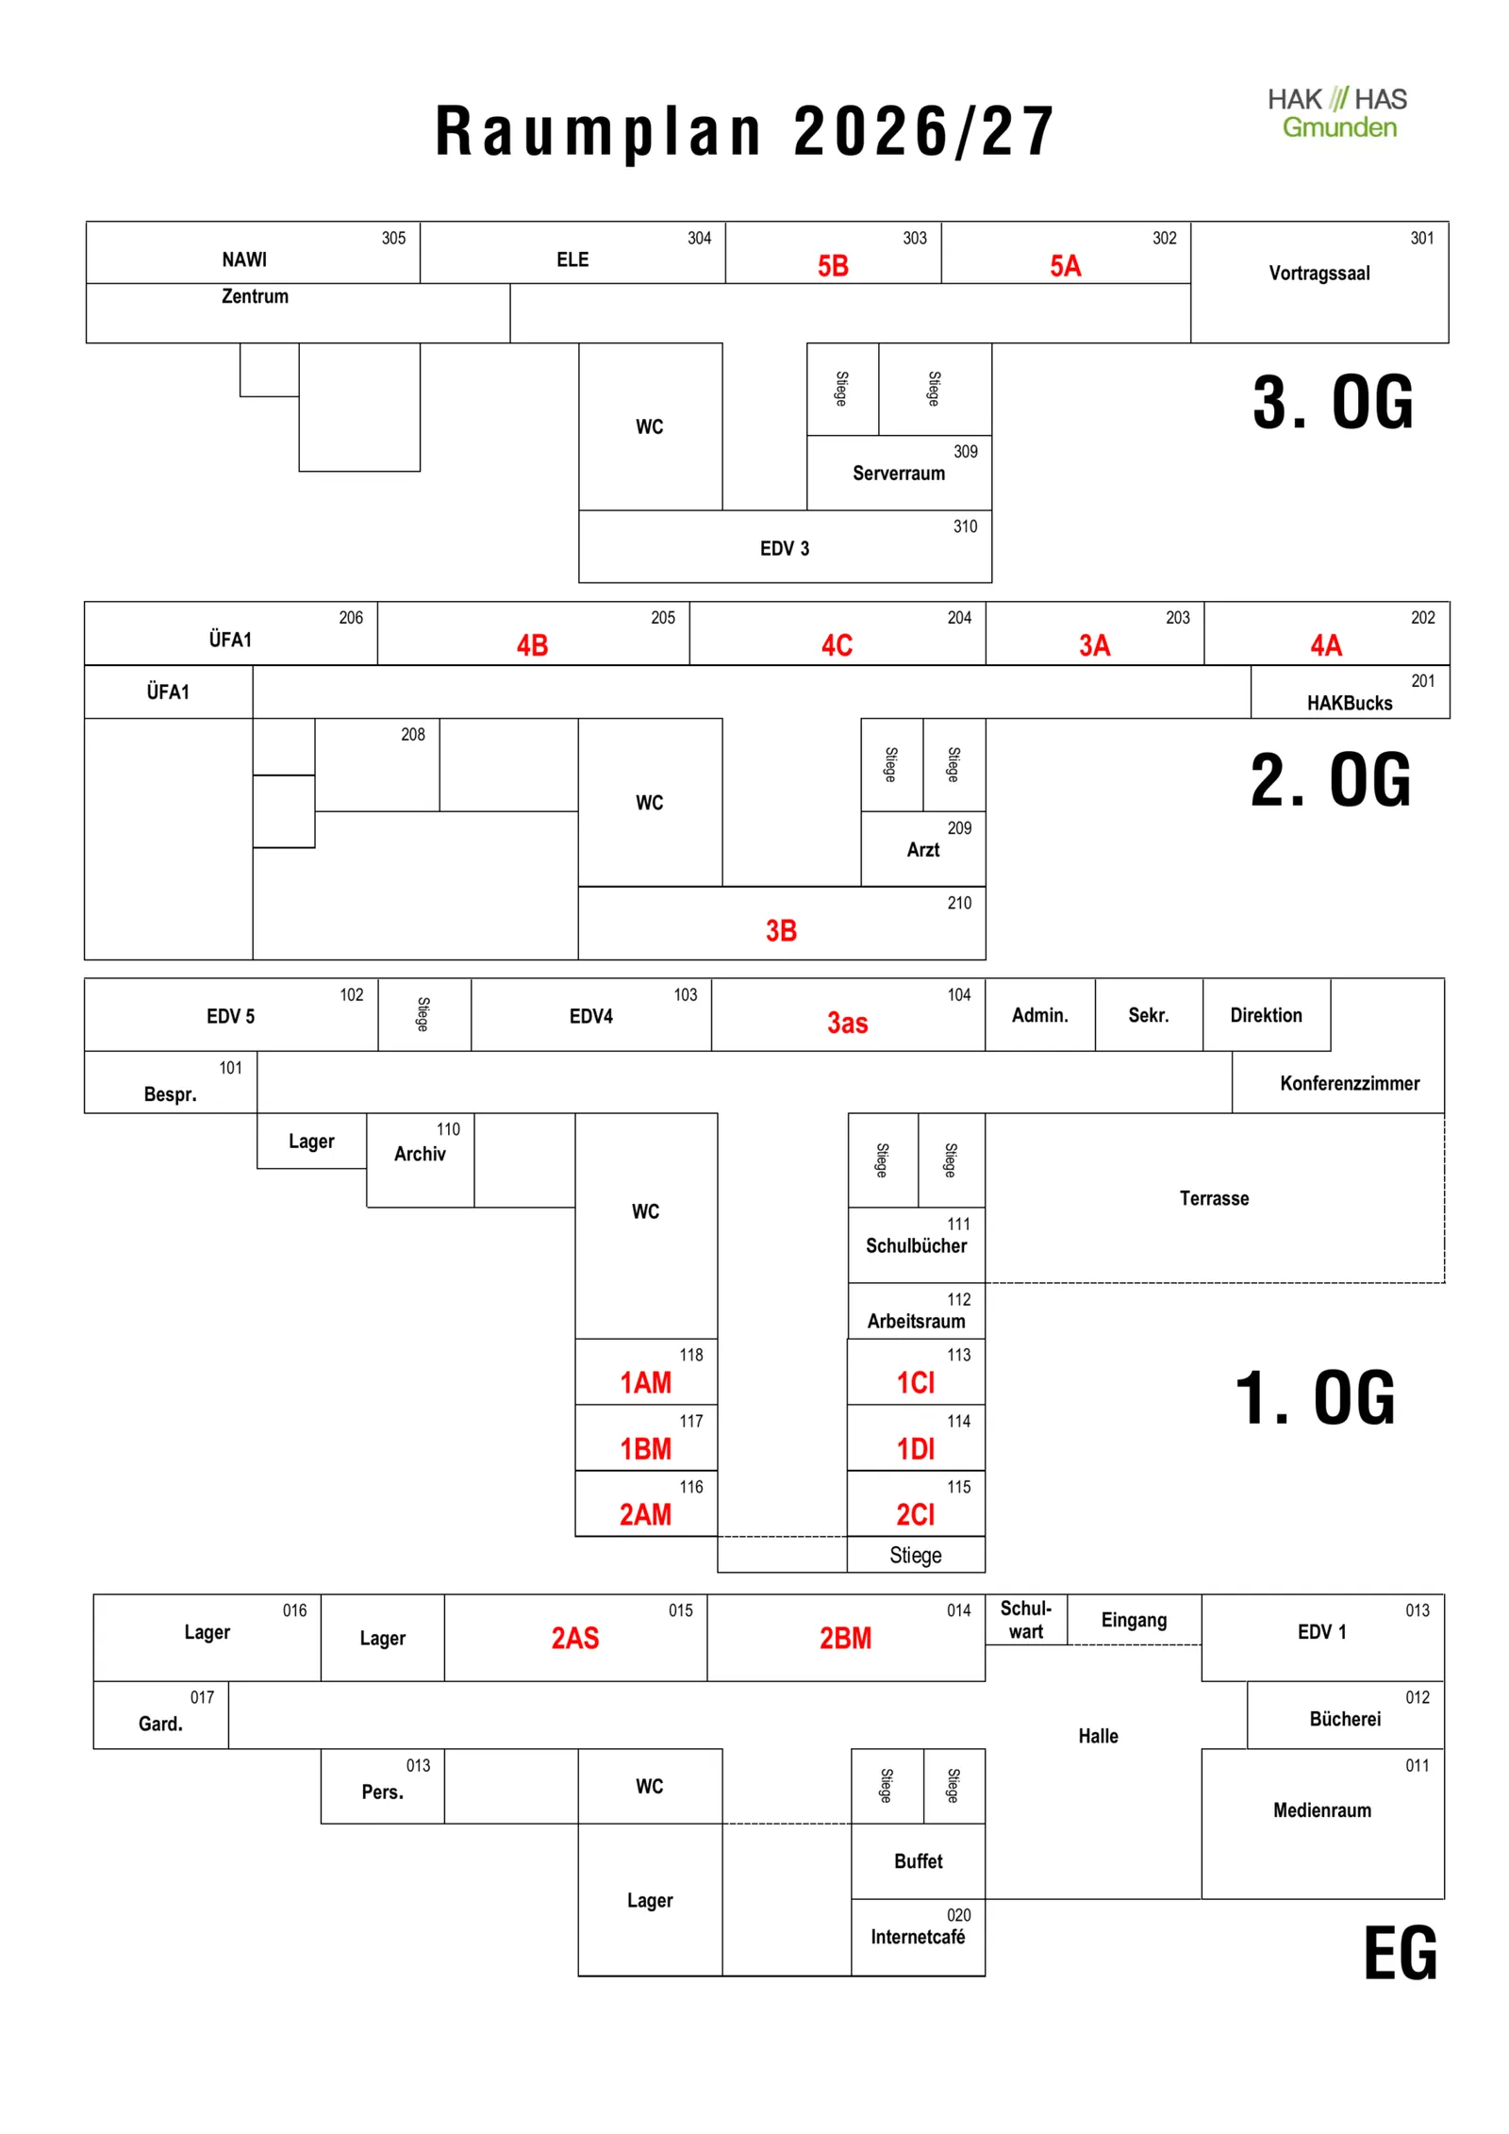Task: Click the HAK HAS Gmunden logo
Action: [x=1336, y=112]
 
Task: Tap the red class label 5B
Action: [x=833, y=266]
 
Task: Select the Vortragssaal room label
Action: [x=1318, y=274]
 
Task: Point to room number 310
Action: [x=965, y=526]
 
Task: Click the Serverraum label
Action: [x=899, y=474]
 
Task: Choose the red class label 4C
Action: [x=837, y=645]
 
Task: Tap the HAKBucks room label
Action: [x=1349, y=703]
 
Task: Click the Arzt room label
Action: [x=923, y=850]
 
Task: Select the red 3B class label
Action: [x=781, y=931]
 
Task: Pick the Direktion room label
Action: [x=1266, y=1015]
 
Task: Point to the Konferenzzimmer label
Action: [x=1350, y=1083]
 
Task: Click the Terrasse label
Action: [x=1214, y=1198]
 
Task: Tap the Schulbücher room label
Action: [x=917, y=1245]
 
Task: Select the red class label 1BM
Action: [x=645, y=1449]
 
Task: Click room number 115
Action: [x=959, y=1487]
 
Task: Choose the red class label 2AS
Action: [x=575, y=1638]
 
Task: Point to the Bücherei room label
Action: [x=1345, y=1719]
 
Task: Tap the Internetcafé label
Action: [x=918, y=1937]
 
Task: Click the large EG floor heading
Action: [x=1401, y=1953]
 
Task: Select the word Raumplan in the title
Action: [x=599, y=132]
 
